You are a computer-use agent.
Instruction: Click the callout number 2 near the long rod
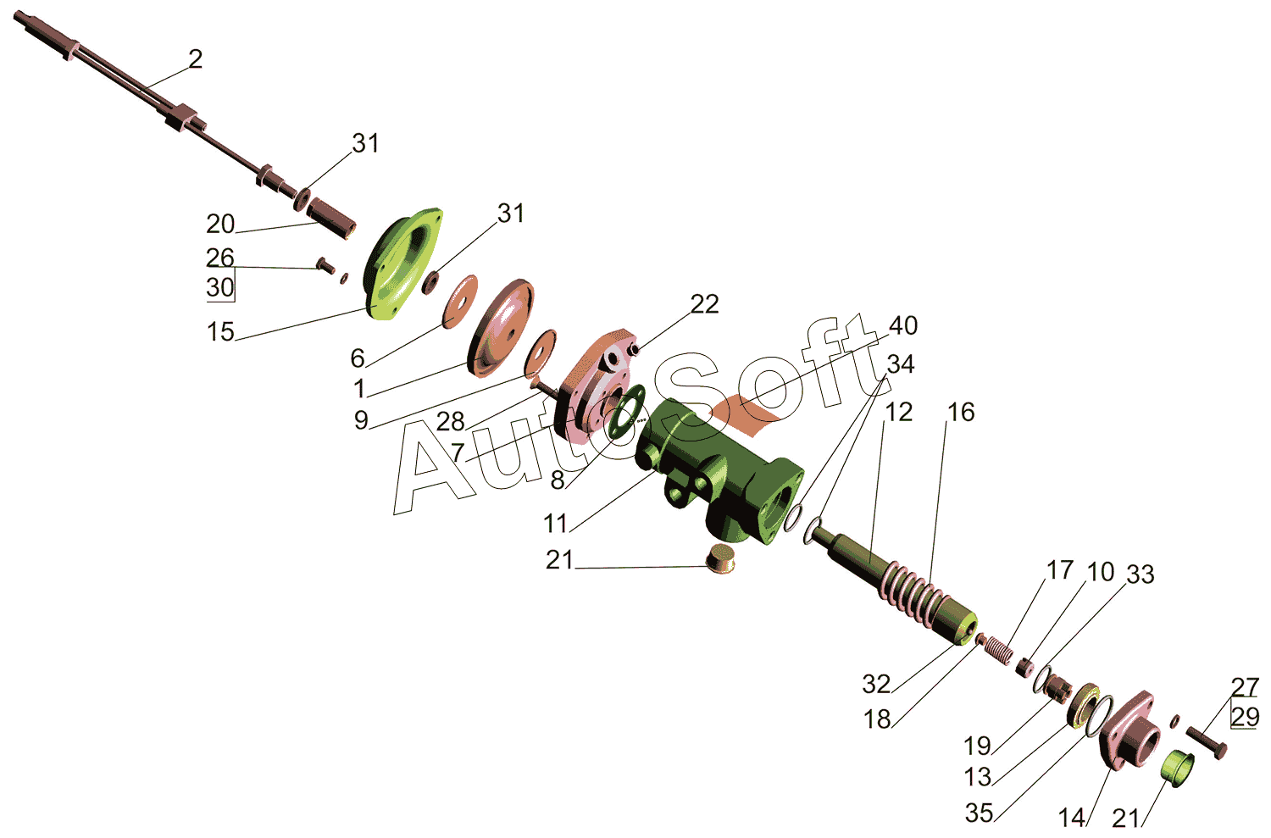coord(195,59)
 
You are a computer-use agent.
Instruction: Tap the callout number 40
coord(902,325)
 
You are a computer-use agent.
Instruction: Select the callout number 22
coord(705,305)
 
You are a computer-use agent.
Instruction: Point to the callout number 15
coord(220,332)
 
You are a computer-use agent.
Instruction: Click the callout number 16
coord(961,413)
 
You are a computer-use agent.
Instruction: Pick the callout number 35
coord(980,813)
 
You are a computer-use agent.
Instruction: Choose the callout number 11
coord(556,524)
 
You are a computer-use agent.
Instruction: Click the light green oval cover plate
coord(402,264)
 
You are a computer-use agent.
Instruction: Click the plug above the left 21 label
coord(720,558)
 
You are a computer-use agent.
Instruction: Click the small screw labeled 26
coord(325,265)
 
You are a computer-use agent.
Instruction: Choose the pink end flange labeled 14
coord(1129,730)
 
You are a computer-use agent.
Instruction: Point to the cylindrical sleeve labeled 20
coord(331,218)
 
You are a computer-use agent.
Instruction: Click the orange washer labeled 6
coord(460,302)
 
